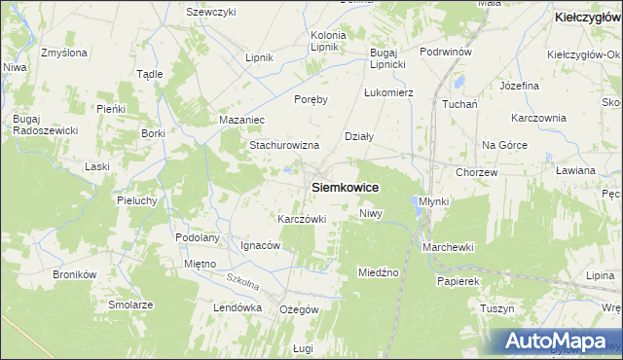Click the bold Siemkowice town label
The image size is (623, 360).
[x=345, y=186]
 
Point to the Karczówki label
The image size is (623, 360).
[x=301, y=219]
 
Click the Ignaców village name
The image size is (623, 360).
[x=261, y=245]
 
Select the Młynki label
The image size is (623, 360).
[x=433, y=200]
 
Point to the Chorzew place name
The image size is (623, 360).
[x=477, y=172]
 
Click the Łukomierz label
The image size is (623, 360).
[x=389, y=92]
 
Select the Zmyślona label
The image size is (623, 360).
[x=64, y=51]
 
